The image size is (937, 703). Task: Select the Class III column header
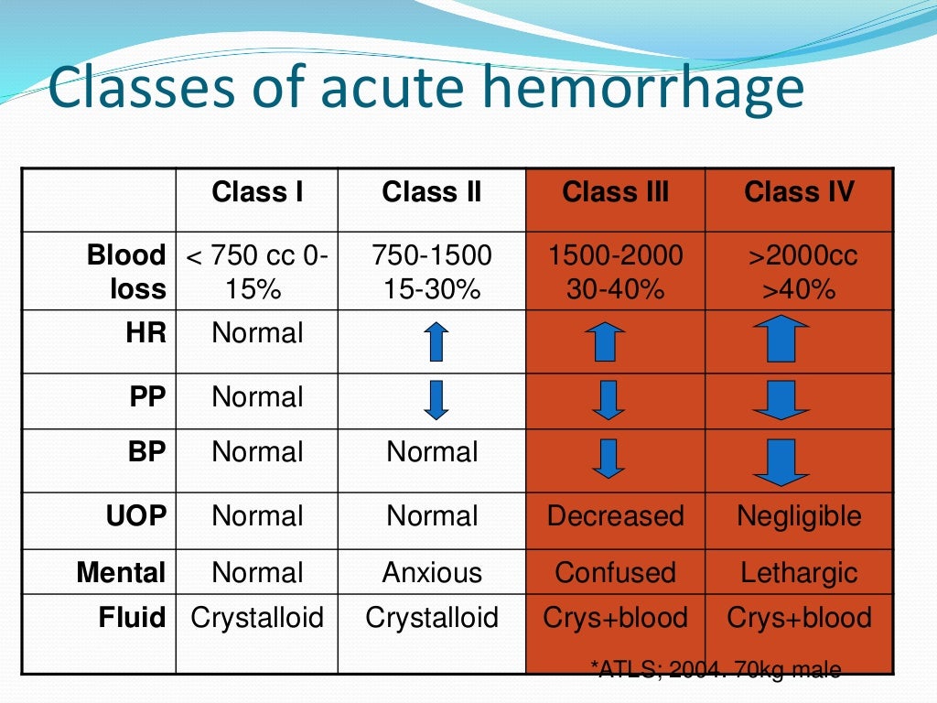pyautogui.click(x=615, y=192)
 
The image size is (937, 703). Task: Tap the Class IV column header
pyautogui.click(x=799, y=192)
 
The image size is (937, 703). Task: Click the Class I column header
pyautogui.click(x=257, y=192)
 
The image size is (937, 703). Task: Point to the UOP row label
pyautogui.click(x=136, y=516)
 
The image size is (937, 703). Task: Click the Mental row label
pyautogui.click(x=122, y=573)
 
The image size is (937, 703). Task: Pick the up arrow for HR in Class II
pyautogui.click(x=436, y=341)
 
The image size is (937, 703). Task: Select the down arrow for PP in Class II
pyautogui.click(x=436, y=400)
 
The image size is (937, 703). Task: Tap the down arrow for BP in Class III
pyautogui.click(x=608, y=459)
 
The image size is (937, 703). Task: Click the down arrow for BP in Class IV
pyautogui.click(x=780, y=462)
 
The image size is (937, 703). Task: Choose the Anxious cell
pyautogui.click(x=432, y=573)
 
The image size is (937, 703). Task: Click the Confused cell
pyautogui.click(x=615, y=573)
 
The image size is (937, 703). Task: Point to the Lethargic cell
pyautogui.click(x=799, y=573)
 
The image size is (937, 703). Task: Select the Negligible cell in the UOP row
pyautogui.click(x=799, y=516)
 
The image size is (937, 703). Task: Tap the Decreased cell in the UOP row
pyautogui.click(x=615, y=516)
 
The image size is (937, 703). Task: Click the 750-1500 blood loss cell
pyautogui.click(x=432, y=272)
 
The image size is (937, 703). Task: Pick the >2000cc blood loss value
pyautogui.click(x=802, y=255)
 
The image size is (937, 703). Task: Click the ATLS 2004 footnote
pyautogui.click(x=717, y=670)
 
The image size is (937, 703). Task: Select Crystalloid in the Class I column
pyautogui.click(x=257, y=618)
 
